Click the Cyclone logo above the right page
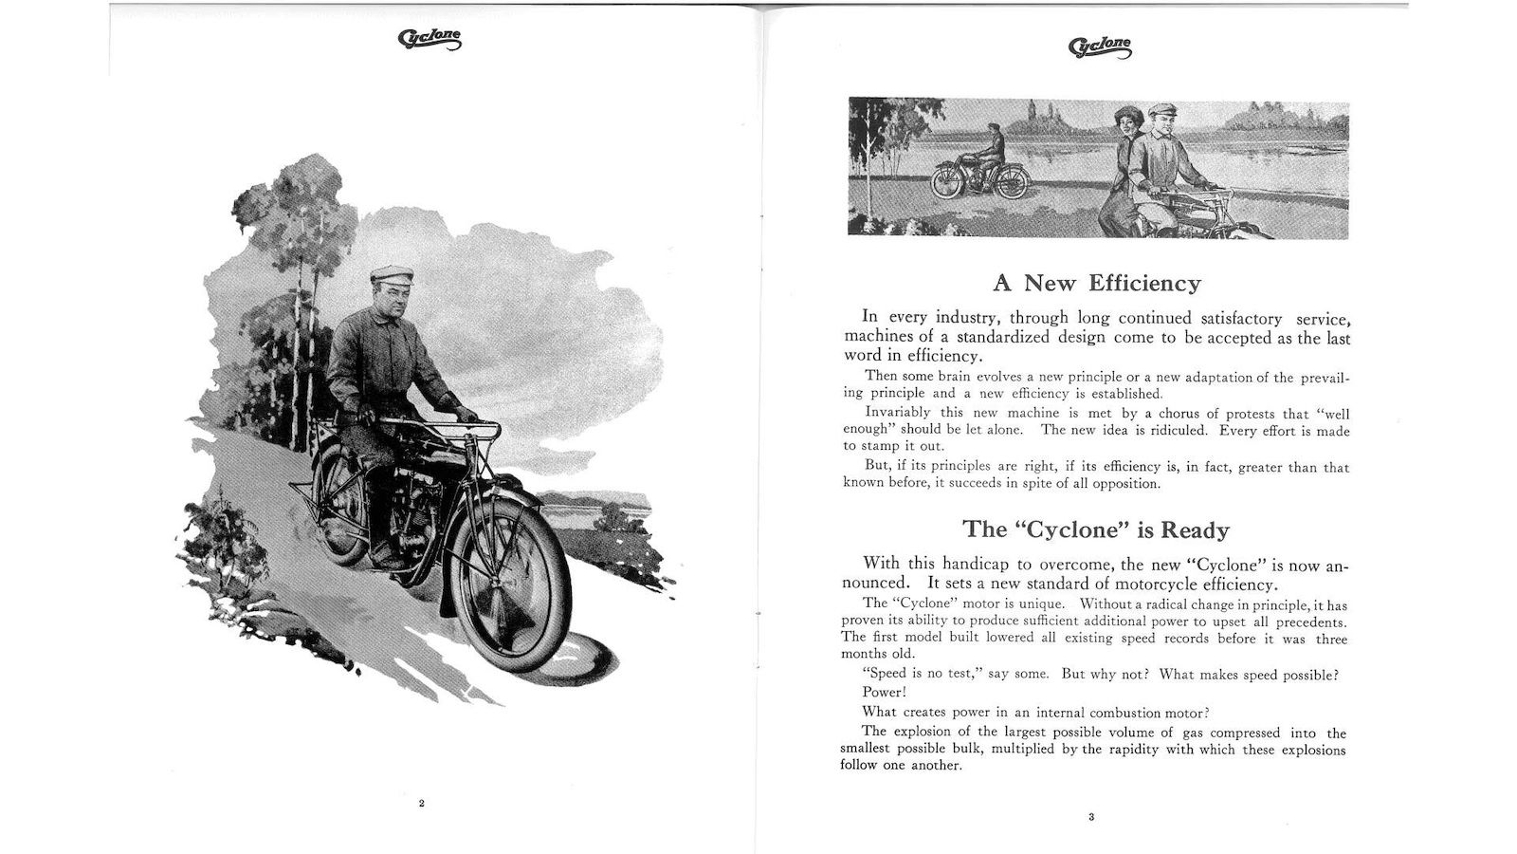1100,46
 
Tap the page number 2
422,804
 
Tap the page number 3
1091,817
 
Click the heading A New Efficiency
1096,283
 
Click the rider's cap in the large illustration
391,274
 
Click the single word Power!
884,693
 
